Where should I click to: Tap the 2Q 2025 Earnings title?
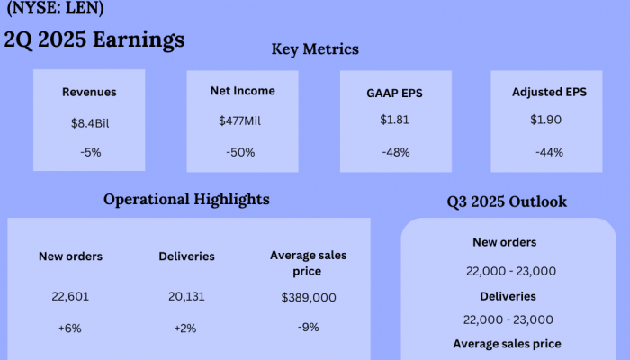coord(94,40)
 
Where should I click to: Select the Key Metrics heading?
coord(315,49)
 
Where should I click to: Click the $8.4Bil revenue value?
coord(89,122)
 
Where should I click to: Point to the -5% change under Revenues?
coord(89,152)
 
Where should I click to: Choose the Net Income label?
coord(243,91)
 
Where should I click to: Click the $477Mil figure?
coord(241,121)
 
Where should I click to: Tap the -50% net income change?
coord(241,152)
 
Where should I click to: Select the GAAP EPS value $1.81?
coord(395,119)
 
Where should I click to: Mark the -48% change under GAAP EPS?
coord(395,152)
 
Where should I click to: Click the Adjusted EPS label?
coord(549,92)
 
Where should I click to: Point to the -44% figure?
coord(549,152)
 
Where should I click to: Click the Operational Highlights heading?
coord(186,199)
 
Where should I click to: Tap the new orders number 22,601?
coord(70,295)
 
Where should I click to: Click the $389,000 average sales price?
coord(309,297)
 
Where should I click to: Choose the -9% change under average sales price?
coord(308,327)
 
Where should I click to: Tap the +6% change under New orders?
coord(70,328)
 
